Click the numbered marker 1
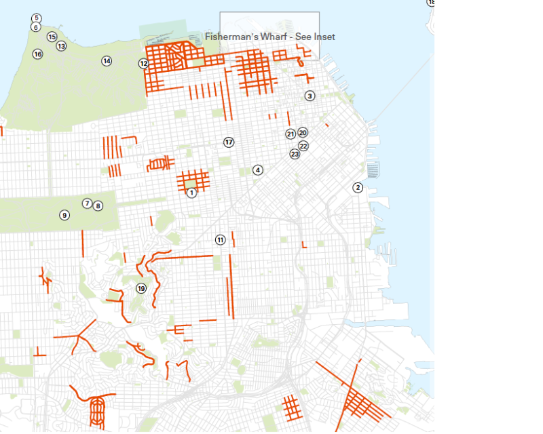click(191, 193)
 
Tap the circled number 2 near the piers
click(358, 188)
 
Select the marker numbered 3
click(310, 96)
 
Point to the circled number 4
click(258, 170)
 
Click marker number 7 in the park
click(87, 203)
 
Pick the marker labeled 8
click(98, 205)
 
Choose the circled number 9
click(64, 215)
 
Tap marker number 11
click(220, 239)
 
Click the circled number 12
click(143, 64)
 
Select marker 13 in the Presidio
click(61, 46)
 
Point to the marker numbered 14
click(107, 61)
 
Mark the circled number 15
click(52, 37)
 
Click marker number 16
click(37, 54)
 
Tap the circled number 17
click(229, 142)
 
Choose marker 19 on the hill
click(141, 288)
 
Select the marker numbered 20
click(303, 133)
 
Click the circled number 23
click(295, 154)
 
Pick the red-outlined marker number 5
click(36, 18)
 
